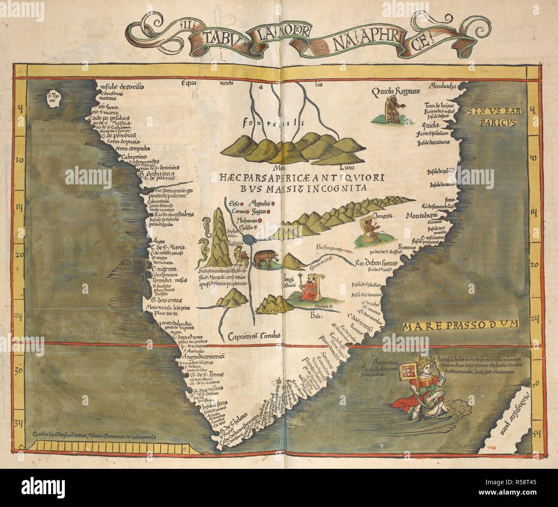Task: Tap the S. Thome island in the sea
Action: point(55,98)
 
